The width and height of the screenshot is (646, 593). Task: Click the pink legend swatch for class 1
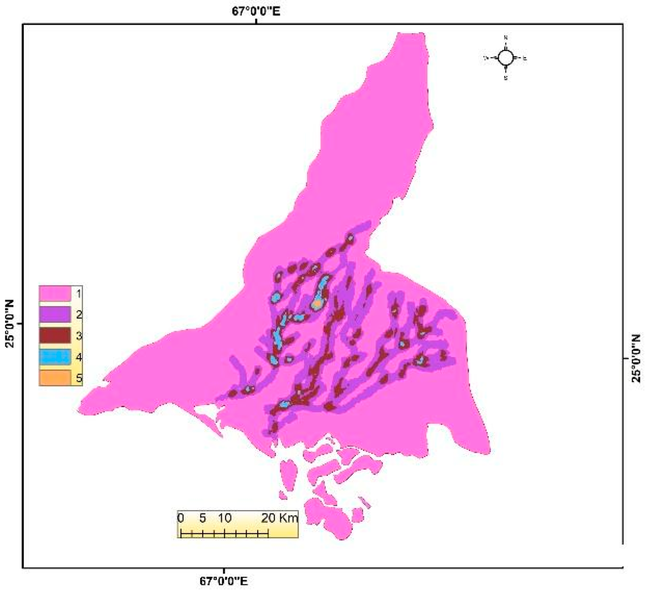point(55,294)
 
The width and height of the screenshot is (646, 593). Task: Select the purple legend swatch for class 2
point(55,315)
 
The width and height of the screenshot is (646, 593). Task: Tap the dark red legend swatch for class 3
point(55,336)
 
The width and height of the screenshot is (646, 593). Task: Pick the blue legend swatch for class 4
point(55,357)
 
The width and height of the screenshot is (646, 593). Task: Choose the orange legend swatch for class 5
point(55,378)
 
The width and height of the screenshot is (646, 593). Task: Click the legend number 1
point(79,294)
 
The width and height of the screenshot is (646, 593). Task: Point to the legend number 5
point(79,378)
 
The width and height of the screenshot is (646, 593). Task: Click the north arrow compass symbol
point(505,58)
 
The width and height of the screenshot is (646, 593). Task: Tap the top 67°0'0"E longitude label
point(256,11)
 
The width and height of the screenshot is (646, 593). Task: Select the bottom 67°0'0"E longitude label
point(224,582)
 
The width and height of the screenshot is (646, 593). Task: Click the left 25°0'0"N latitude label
point(10,324)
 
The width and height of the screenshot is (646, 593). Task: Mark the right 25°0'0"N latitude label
point(636,359)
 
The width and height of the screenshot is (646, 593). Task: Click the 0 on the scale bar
point(181,518)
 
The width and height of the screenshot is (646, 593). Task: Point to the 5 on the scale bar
point(203,518)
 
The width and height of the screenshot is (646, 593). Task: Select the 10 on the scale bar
point(225,518)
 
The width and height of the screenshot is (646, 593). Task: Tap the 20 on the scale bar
point(268,518)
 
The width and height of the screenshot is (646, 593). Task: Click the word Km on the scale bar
point(288,518)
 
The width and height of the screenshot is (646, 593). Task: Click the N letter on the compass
point(505,38)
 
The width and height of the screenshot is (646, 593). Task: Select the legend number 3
point(79,336)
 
